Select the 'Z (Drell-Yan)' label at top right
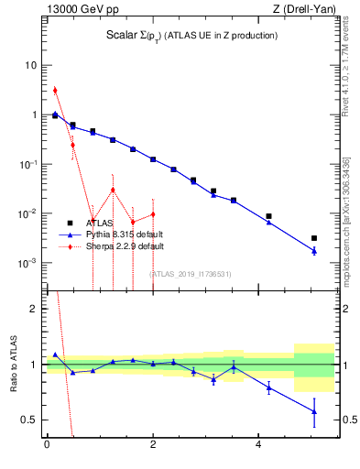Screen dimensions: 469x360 click(302, 10)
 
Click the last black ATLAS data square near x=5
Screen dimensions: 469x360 click(314, 238)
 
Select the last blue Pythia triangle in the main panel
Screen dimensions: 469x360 click(314, 250)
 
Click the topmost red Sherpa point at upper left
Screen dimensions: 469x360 click(55, 90)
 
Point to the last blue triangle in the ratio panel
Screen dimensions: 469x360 click(314, 411)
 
